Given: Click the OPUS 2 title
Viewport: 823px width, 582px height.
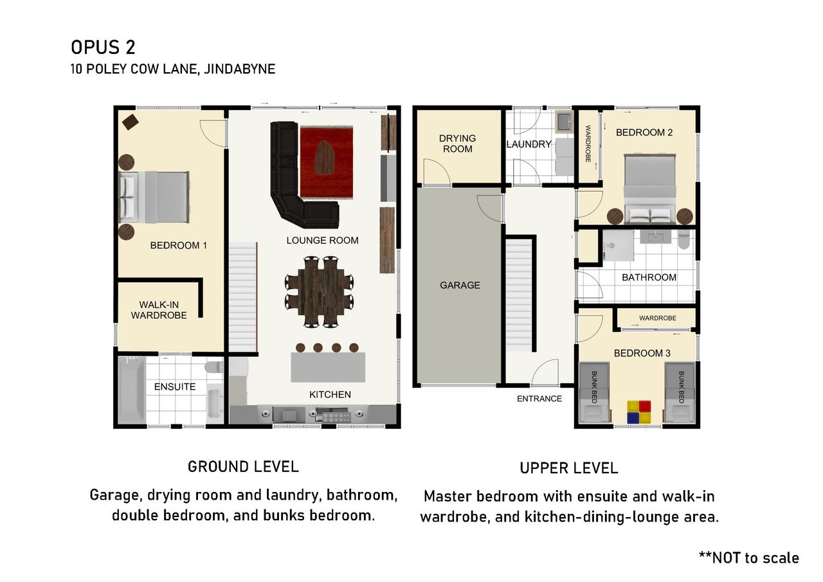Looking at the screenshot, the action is (x=103, y=48).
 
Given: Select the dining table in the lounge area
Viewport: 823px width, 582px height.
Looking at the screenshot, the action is (x=320, y=292).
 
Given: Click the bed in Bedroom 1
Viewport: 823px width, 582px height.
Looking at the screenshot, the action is (x=154, y=197).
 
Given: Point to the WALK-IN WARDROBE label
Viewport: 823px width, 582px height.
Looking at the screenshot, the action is (x=159, y=310).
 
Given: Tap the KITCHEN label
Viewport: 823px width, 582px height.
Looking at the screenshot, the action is (x=330, y=395).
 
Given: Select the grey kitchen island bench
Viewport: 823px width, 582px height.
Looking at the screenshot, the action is (x=328, y=367).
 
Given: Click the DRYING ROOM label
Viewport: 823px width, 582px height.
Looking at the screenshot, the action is (x=457, y=143).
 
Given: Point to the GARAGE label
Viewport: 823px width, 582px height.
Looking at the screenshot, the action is (x=460, y=285).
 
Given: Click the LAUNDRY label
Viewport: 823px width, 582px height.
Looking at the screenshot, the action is (x=529, y=144).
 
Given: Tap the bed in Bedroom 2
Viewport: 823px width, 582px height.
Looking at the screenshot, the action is (x=650, y=188).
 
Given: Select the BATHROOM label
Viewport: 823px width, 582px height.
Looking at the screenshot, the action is (x=649, y=277).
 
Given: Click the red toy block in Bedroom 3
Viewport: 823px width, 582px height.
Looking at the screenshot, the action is (x=645, y=406).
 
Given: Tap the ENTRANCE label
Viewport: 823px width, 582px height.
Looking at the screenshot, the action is (x=539, y=399).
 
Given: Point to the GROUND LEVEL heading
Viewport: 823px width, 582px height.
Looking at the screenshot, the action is (x=243, y=467).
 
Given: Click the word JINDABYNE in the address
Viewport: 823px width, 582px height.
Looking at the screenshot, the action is (x=240, y=69).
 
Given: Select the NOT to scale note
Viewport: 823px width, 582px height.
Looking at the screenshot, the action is (x=749, y=558).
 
